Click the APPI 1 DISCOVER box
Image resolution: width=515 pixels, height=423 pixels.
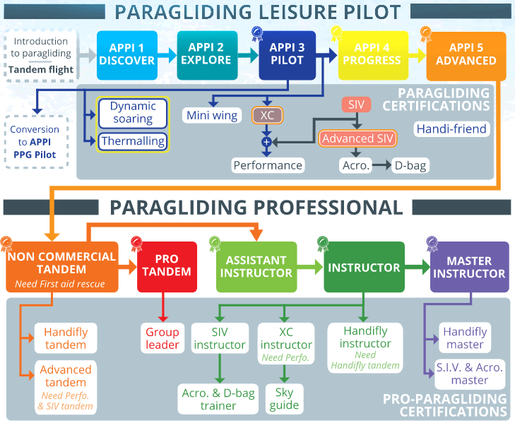click(x=126, y=54)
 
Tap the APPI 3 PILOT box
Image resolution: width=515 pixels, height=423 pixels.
click(x=287, y=54)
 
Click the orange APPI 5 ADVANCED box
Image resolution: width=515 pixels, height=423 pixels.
click(x=466, y=54)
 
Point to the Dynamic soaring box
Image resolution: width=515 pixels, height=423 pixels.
click(x=133, y=112)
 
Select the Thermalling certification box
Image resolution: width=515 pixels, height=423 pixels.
click(x=133, y=141)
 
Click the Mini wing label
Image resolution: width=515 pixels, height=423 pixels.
click(x=212, y=115)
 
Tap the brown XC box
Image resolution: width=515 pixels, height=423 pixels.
click(x=266, y=114)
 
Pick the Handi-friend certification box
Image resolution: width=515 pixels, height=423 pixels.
click(x=451, y=129)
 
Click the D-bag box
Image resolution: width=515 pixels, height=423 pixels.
click(x=410, y=165)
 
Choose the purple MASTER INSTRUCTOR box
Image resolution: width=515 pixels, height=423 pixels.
click(x=469, y=266)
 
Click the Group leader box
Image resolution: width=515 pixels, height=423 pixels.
click(x=163, y=338)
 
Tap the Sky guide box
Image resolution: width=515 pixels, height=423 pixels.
click(x=283, y=399)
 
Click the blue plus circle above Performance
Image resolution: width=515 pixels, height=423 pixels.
click(x=266, y=142)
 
